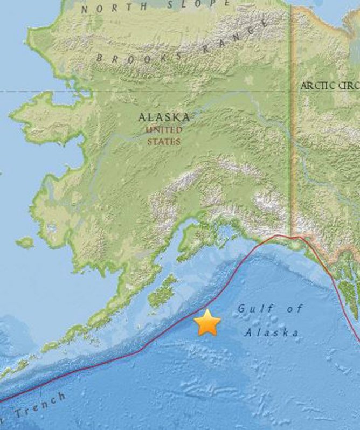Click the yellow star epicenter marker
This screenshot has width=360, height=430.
coord(207,322)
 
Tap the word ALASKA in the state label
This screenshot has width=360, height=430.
coord(164,117)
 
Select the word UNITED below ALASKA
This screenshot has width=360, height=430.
coord(165,130)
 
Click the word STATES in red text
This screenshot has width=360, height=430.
coord(164,142)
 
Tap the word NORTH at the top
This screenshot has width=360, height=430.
coord(108,8)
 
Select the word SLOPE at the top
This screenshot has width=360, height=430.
coord(191,5)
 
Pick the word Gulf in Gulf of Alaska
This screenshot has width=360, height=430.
coord(255,309)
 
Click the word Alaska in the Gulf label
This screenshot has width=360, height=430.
coord(272,332)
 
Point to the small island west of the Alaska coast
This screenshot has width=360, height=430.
coord(25,242)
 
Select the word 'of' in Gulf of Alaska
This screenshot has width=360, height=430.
coord(294,309)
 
